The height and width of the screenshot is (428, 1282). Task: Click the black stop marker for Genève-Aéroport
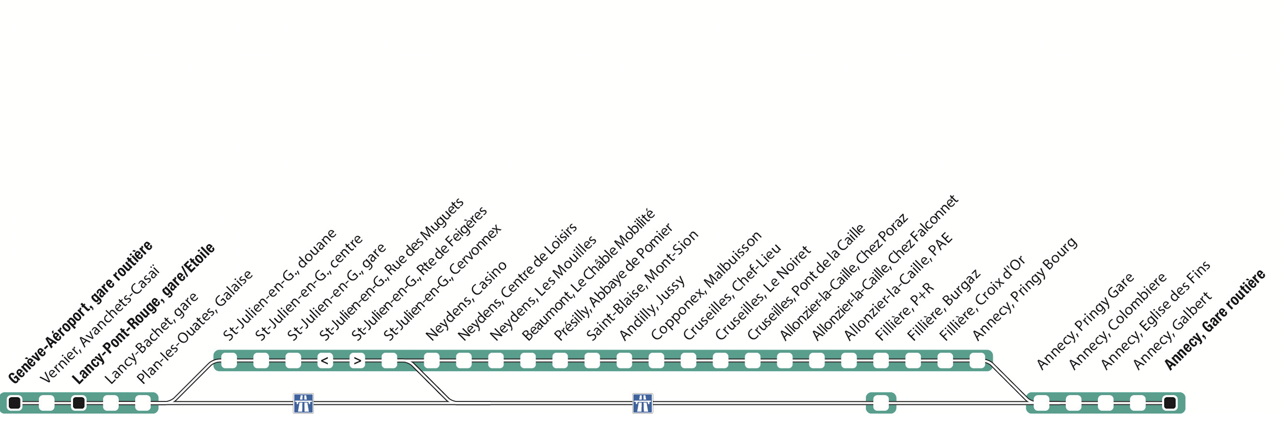[14, 403]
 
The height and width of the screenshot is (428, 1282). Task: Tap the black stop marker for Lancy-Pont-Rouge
[79, 403]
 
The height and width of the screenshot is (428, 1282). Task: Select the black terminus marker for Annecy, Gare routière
[1170, 403]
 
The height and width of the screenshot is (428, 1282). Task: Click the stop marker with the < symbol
[325, 361]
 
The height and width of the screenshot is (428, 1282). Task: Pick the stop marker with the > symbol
[357, 361]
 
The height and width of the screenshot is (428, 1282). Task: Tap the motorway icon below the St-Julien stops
[303, 403]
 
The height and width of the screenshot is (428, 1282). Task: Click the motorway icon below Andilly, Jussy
[642, 403]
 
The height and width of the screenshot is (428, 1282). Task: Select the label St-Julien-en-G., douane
[280, 284]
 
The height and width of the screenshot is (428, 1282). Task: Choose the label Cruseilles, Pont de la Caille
[806, 282]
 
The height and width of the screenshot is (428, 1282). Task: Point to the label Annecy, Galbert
[1172, 331]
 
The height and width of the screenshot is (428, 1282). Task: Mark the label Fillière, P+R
[904, 312]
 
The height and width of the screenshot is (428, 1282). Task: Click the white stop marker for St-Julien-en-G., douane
[229, 361]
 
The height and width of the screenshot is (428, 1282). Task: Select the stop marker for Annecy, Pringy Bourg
[977, 361]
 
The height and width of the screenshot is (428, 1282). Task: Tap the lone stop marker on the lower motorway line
[881, 403]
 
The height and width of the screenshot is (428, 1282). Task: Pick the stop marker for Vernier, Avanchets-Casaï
[47, 403]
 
